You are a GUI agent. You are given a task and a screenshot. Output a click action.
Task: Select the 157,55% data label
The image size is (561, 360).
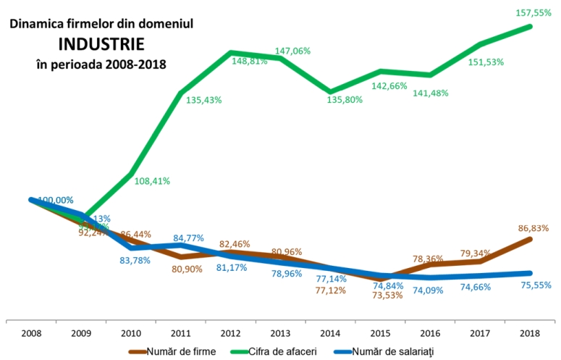[x=533, y=13]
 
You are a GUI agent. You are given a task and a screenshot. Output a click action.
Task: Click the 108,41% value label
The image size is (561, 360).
[x=152, y=181]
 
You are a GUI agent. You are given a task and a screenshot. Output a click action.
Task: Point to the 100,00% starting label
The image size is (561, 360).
[x=56, y=200]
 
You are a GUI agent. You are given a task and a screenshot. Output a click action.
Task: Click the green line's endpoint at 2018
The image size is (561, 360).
[x=532, y=27]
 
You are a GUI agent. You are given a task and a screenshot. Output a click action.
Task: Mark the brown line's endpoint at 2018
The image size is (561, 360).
[x=532, y=238]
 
